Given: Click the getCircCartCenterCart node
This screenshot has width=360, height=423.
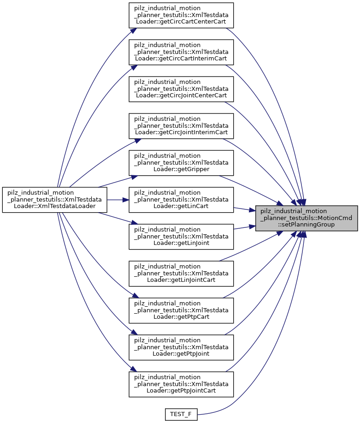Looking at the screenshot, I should coord(181,15).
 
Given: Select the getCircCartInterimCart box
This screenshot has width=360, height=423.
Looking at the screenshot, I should coord(181,52).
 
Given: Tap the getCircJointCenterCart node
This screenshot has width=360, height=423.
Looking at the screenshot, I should coord(181,89).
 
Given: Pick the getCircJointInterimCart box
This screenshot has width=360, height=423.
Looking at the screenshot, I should coord(181,126).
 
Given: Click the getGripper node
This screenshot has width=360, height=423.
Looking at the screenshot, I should coord(181,163).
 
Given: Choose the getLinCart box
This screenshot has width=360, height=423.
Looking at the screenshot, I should coord(181,200).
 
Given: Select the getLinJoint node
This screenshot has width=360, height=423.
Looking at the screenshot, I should coord(181,237).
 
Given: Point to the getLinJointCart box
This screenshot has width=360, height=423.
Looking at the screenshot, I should coord(181,274).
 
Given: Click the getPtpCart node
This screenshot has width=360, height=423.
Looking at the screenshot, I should coord(181,310).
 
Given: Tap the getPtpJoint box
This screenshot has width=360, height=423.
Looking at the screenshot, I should coord(181,347).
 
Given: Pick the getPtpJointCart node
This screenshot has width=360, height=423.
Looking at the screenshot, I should coord(181,384).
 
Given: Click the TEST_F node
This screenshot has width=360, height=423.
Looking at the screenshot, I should coord(181,415).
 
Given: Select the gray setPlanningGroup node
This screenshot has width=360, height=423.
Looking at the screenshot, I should coord(307,218).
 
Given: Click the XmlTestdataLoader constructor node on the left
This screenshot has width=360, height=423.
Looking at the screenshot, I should coord(55,200).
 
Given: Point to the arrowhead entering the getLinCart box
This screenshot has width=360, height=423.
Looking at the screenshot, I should coord(126,200).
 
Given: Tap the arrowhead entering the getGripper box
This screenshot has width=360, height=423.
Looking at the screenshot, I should coord(133,176).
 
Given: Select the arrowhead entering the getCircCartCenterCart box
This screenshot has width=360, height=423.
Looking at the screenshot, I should coord(132,30).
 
